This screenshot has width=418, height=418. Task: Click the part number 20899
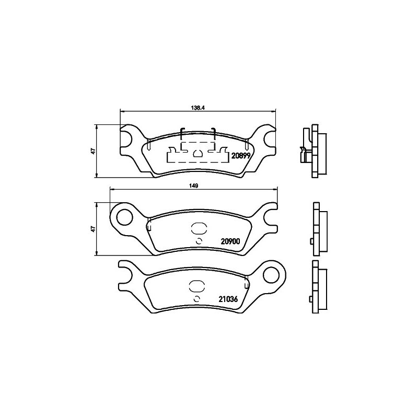coord(241,156)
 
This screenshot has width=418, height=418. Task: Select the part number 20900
coord(230,241)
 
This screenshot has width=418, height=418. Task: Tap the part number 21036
coord(228,299)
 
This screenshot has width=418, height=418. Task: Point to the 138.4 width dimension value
coord(198,108)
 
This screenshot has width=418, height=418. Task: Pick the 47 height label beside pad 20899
coord(93,151)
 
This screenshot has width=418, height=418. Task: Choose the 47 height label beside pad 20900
coord(93,229)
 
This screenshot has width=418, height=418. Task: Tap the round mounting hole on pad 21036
coord(271,275)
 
